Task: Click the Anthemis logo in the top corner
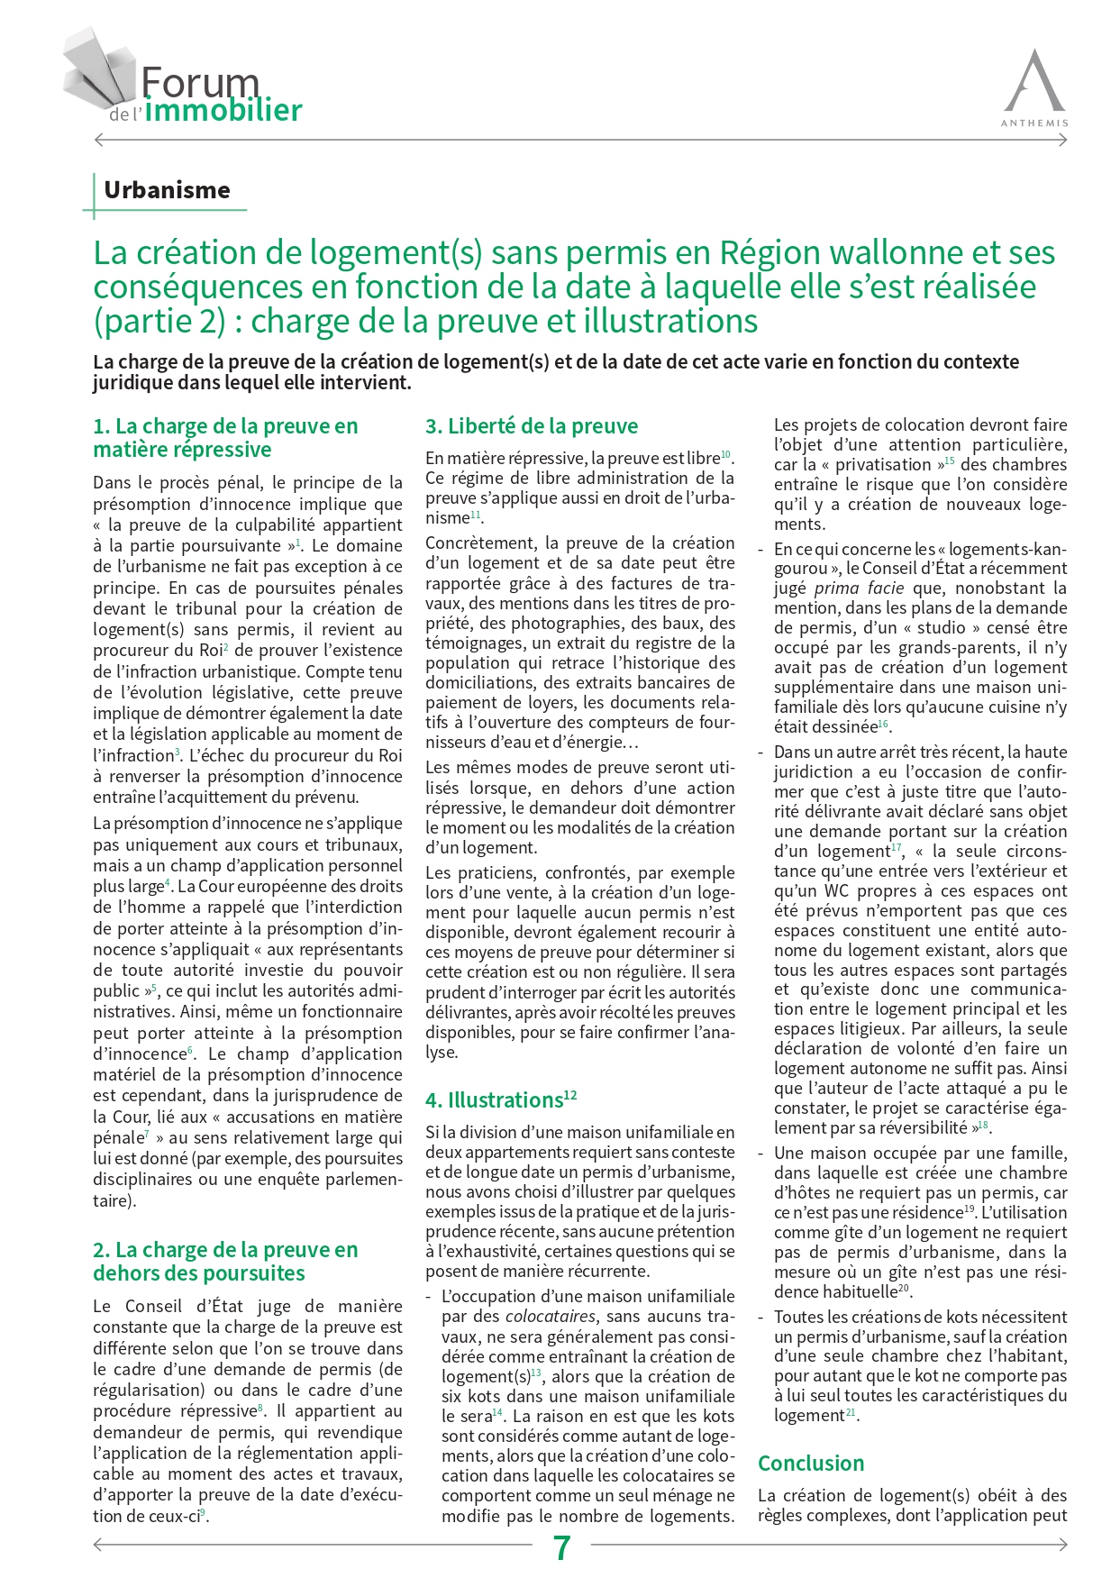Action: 1034,87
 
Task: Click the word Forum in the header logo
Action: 200,83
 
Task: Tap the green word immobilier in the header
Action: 223,111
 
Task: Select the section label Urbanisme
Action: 167,190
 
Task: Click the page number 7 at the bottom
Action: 561,1547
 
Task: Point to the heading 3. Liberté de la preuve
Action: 532,426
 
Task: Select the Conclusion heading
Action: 810,1463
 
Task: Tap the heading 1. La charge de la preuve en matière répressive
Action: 225,438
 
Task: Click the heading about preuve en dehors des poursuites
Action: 225,1262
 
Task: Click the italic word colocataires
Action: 550,1317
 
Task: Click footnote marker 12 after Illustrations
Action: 570,1095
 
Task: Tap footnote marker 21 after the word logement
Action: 851,1412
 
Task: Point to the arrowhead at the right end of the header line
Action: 1063,140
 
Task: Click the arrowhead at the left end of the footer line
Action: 98,1545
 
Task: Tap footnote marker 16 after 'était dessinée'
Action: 883,724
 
